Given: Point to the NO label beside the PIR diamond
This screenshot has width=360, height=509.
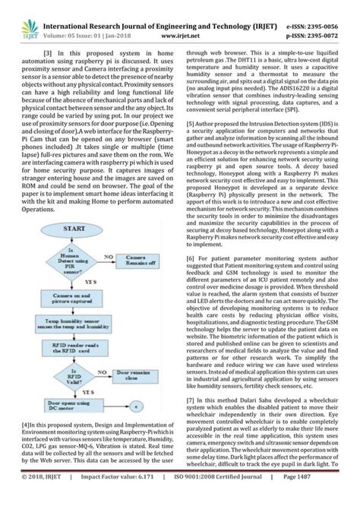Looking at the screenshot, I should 109,256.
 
